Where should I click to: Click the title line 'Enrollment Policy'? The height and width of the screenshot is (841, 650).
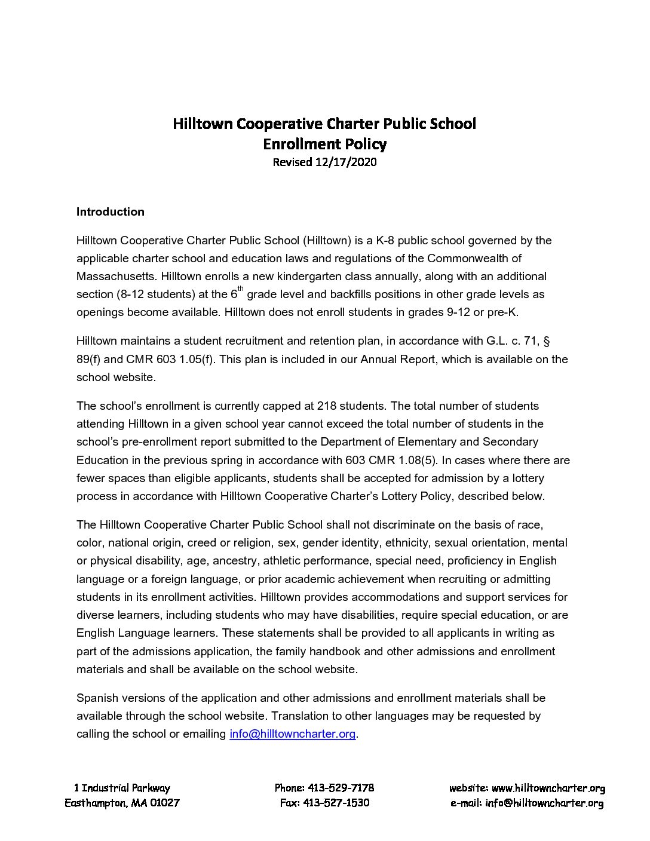(x=325, y=144)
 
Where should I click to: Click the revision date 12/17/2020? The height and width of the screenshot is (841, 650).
(x=346, y=162)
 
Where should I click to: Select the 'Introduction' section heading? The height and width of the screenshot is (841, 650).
(x=111, y=211)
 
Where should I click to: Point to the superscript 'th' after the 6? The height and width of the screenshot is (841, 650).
(x=241, y=289)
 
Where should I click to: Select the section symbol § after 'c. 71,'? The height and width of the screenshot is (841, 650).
(x=547, y=341)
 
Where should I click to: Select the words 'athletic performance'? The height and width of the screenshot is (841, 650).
(x=314, y=561)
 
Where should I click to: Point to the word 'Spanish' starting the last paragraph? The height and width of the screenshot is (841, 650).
(x=96, y=698)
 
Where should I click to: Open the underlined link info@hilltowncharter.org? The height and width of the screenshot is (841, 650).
(x=292, y=734)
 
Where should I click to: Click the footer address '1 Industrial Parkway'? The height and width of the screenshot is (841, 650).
(x=122, y=788)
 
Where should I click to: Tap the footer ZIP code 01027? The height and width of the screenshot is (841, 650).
(x=165, y=803)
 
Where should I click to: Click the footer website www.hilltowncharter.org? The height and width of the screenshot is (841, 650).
(x=548, y=788)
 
